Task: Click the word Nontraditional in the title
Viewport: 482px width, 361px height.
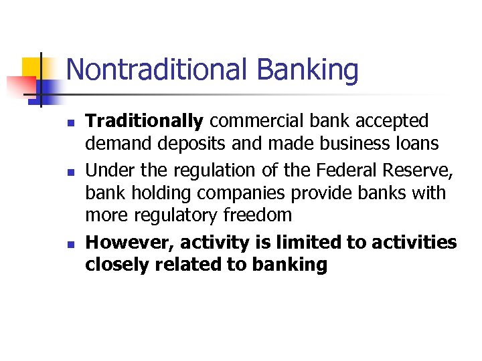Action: pos(157,70)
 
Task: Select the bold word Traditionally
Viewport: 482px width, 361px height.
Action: pos(144,122)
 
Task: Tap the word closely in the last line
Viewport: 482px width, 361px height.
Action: pos(117,265)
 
